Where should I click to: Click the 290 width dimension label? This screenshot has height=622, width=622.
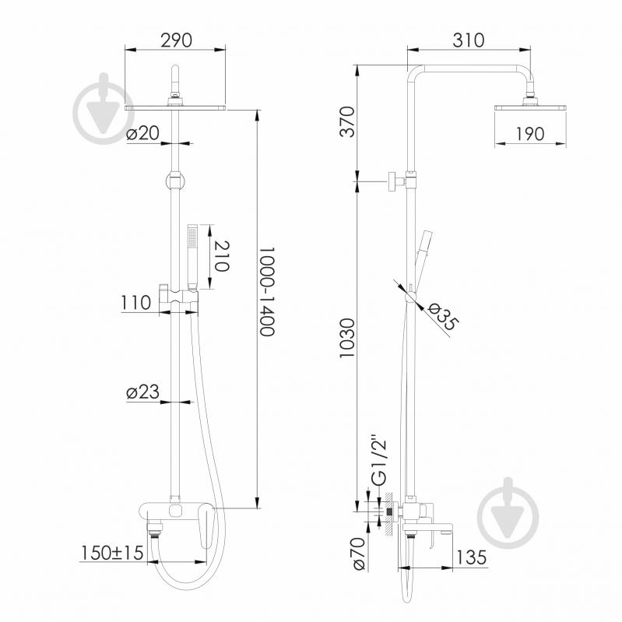coord(176,40)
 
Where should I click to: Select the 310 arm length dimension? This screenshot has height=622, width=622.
coord(469,40)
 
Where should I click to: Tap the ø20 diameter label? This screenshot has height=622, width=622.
coord(142,133)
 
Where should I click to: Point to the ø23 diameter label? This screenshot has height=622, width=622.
coord(142,392)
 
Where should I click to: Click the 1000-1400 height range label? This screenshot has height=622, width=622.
coord(266,292)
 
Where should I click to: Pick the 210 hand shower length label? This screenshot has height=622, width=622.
coord(221,256)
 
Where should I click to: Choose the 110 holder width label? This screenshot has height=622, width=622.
coord(136,303)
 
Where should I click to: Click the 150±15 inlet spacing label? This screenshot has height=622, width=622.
coord(112,553)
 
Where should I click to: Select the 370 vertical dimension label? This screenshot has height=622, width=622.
coord(347,121)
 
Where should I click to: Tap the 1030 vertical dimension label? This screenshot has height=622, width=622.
coord(346,338)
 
